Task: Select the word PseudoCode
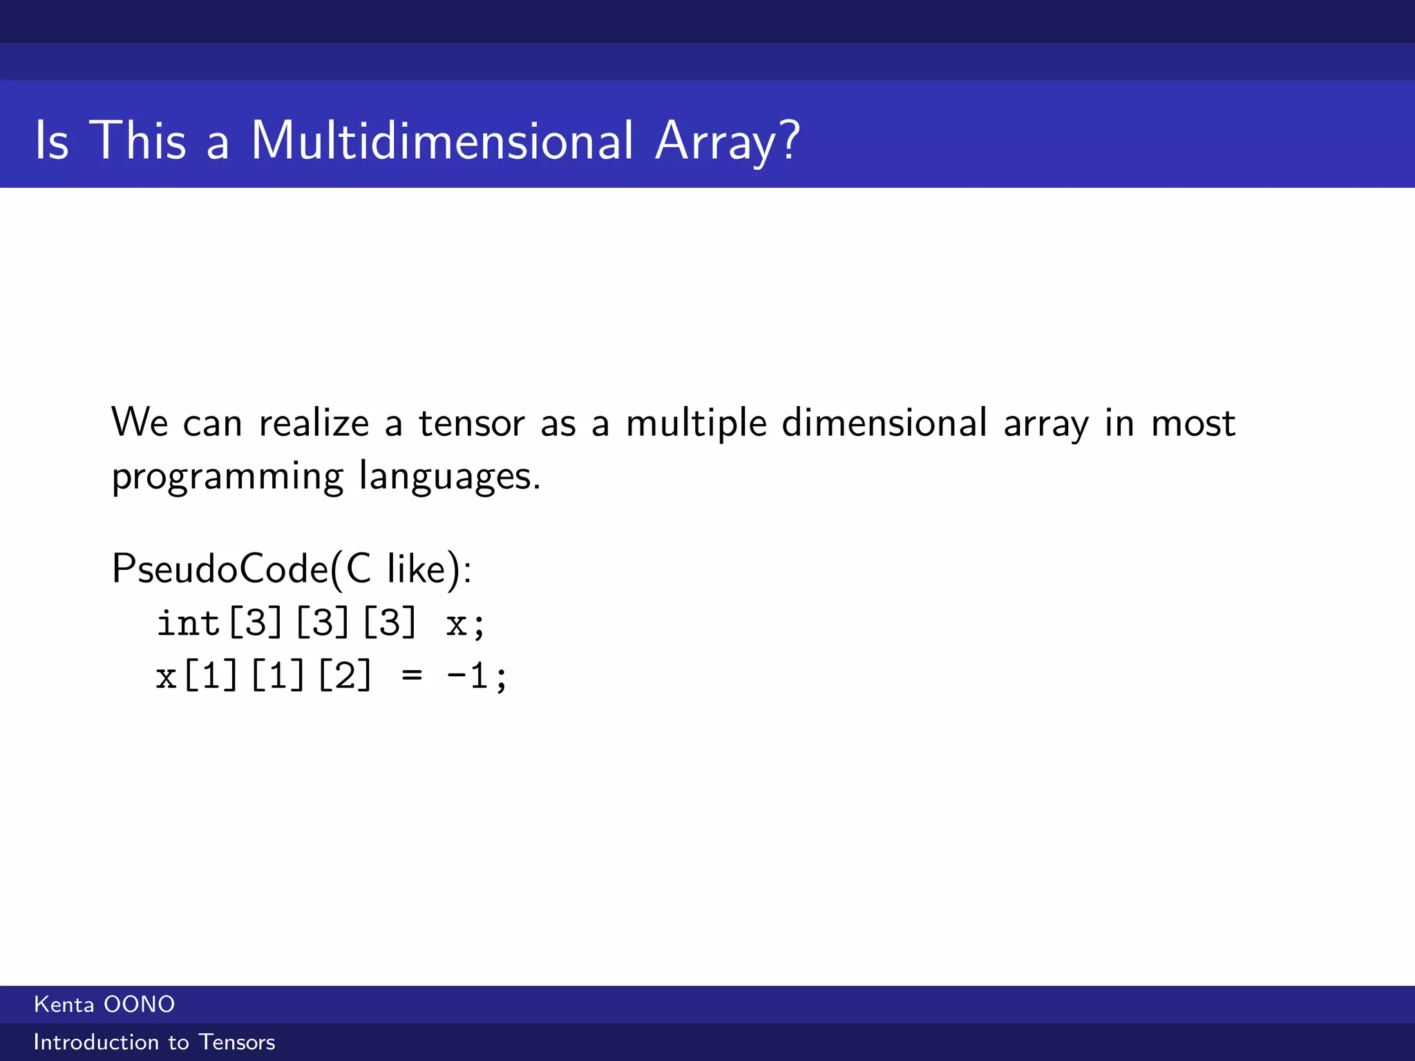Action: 220,570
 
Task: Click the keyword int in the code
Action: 188,623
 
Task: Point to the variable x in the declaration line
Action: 456,624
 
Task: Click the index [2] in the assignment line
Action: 345,676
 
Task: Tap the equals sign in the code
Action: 412,676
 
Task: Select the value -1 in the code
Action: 468,676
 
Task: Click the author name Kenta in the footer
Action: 64,1004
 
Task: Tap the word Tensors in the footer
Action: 237,1042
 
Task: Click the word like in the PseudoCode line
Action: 417,570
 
